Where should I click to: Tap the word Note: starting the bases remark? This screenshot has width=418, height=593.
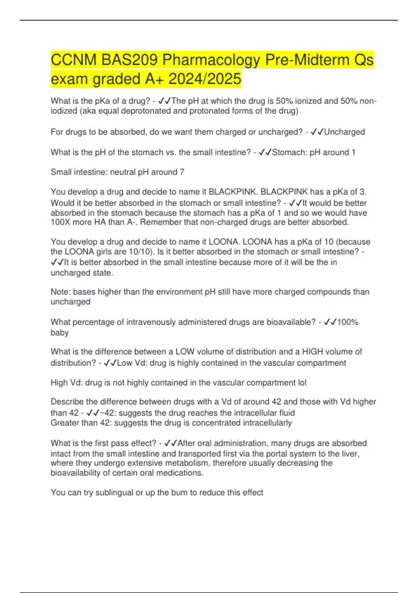[x=60, y=292]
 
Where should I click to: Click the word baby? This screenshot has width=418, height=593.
[x=60, y=332]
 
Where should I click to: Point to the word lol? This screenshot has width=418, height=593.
[x=302, y=383]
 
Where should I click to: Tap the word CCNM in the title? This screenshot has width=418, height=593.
[x=73, y=60]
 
